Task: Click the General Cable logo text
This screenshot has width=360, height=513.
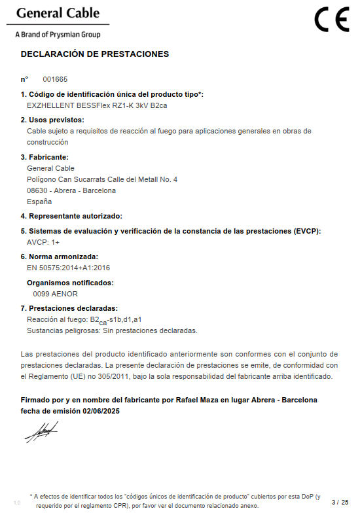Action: point(58,14)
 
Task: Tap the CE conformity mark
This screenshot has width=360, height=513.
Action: point(331,20)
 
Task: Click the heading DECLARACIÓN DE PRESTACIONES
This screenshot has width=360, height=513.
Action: point(95,54)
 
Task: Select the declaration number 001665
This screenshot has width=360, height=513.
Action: point(55,79)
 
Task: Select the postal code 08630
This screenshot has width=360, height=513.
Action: point(38,190)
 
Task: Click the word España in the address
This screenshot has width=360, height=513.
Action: point(39,202)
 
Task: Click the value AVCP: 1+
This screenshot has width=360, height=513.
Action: point(43,242)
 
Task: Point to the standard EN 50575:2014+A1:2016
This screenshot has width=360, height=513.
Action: point(68,268)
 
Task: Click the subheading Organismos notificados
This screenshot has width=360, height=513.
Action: point(70,283)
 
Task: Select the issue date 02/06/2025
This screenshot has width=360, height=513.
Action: point(101,411)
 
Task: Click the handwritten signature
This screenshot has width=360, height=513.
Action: point(41,433)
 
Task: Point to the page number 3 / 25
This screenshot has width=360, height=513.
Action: point(340,502)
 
